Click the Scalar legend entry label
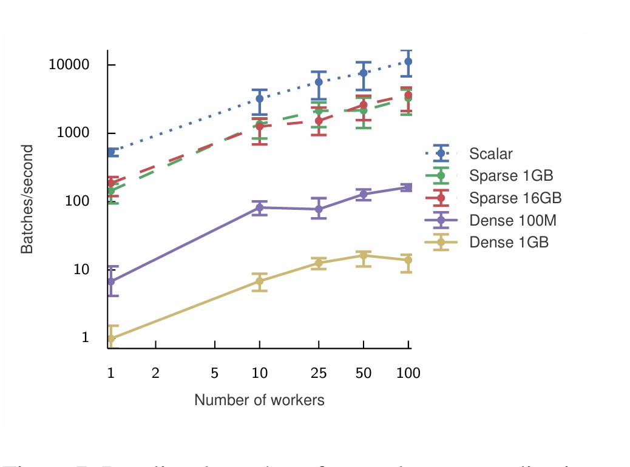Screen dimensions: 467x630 (490, 154)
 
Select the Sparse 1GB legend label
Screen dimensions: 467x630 (511, 176)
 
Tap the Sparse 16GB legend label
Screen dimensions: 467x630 (515, 198)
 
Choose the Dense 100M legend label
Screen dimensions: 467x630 (513, 220)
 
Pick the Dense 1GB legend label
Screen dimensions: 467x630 (509, 242)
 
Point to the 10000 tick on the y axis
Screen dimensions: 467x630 (69, 65)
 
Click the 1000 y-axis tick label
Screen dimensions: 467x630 (73, 133)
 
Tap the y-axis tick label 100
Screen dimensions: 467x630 (77, 201)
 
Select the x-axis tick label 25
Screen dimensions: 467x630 (319, 374)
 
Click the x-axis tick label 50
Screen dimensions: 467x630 (363, 374)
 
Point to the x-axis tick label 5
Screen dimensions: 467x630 (215, 374)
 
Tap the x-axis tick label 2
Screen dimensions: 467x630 (155, 374)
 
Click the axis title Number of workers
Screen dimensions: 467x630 (259, 400)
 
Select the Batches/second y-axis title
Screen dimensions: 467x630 (27, 199)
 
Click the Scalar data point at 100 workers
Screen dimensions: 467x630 (408, 61)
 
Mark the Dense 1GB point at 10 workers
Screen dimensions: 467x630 (260, 281)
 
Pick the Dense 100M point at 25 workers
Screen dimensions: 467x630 (319, 209)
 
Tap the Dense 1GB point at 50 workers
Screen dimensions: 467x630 (363, 255)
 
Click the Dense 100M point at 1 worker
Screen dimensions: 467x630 (111, 281)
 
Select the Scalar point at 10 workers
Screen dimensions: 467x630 (260, 98)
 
